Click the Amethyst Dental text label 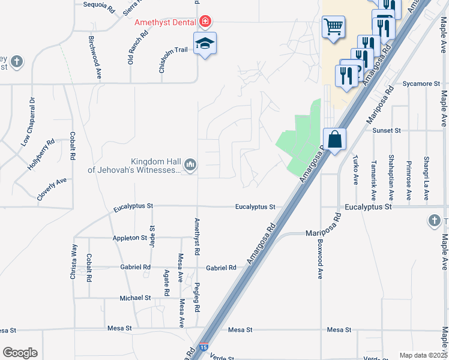166,22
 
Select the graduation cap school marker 205,43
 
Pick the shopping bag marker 335,139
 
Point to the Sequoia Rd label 98,5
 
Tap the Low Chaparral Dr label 29,122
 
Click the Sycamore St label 421,84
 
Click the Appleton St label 130,238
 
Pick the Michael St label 135,298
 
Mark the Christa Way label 74,262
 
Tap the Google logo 20,353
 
